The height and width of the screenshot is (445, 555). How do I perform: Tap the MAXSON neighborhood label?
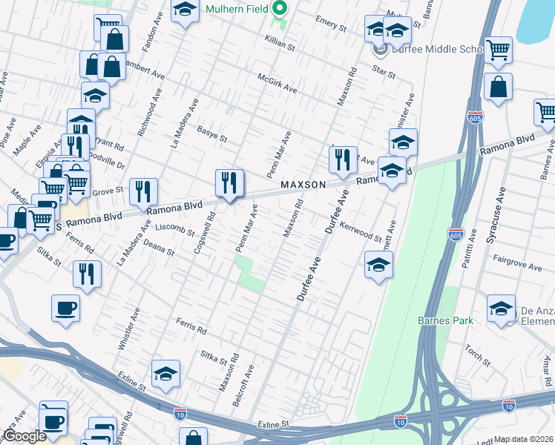click(303, 184)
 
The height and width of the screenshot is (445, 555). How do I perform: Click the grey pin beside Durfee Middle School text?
click(380, 50)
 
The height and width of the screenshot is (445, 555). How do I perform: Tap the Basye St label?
click(211, 133)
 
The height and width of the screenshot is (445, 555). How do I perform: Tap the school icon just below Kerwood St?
click(378, 264)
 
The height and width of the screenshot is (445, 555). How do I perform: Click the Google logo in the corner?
click(24, 437)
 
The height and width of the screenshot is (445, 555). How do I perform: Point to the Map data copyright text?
click(524, 439)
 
